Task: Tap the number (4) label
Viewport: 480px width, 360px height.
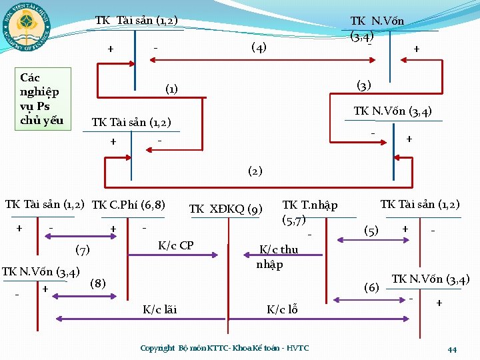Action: click(x=259, y=47)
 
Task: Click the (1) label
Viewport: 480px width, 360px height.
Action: click(x=171, y=89)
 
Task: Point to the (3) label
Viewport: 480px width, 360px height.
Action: click(x=364, y=85)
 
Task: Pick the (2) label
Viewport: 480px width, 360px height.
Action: click(x=255, y=171)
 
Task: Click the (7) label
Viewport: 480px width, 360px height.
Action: click(x=82, y=250)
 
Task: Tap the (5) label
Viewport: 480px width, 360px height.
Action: click(x=371, y=231)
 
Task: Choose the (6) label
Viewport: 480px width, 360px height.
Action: click(x=371, y=288)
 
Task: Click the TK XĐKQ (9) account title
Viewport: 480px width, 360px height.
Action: click(x=225, y=209)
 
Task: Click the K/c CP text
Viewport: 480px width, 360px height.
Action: click(x=175, y=245)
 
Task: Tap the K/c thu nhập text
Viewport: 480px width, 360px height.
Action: click(x=279, y=257)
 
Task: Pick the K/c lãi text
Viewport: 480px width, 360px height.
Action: click(x=160, y=309)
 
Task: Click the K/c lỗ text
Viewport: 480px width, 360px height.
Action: click(x=282, y=309)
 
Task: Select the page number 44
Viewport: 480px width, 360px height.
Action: click(x=452, y=350)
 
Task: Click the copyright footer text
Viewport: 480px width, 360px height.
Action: click(x=225, y=348)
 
